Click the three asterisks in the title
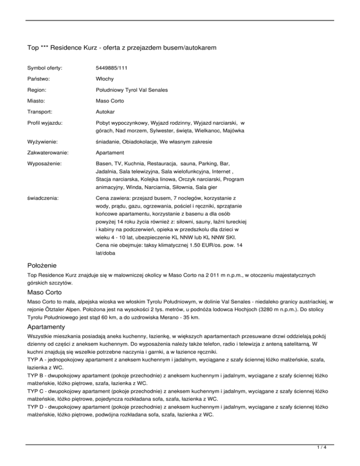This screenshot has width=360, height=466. pyautogui.click(x=46, y=47)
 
